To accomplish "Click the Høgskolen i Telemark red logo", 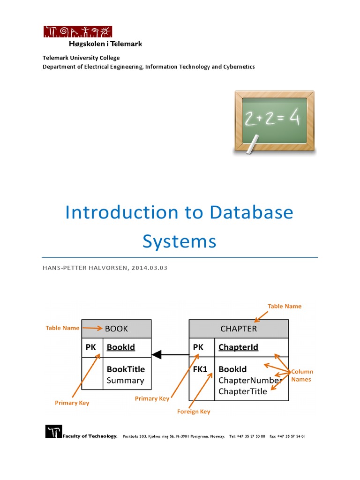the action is (77, 31).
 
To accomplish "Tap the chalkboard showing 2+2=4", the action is (274, 122).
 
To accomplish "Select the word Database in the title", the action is (251, 212).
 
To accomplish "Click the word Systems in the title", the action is (180, 242).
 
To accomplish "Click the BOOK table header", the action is (117, 329).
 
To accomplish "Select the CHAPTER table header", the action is (239, 329).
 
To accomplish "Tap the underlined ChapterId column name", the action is (238, 347).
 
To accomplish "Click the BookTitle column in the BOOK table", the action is (126, 369).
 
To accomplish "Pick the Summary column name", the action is (125, 381).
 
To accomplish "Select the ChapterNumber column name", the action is (250, 380).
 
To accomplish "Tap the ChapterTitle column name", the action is (243, 391).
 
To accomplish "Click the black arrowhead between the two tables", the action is (157, 354).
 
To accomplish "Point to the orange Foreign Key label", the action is (194, 412).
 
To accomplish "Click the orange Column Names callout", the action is (301, 375).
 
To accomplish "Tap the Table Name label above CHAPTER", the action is (285, 306).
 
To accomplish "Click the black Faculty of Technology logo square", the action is (53, 431).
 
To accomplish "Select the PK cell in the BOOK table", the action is (92, 347).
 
